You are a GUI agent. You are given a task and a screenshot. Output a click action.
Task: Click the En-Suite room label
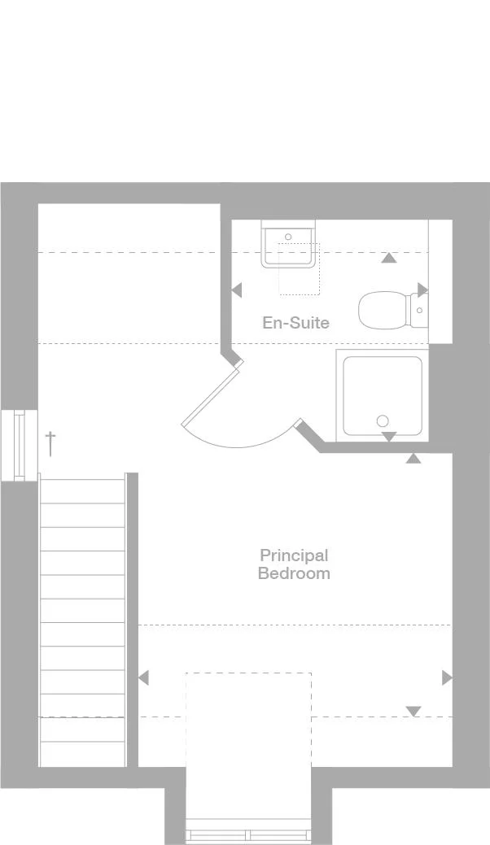[x=295, y=322]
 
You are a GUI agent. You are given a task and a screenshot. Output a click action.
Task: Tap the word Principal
[x=294, y=555]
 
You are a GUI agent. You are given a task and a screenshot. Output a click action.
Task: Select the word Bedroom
[x=294, y=573]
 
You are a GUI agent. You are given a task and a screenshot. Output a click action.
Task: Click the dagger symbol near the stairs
[x=50, y=443]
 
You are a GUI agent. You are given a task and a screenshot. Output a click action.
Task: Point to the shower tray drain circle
[x=383, y=420]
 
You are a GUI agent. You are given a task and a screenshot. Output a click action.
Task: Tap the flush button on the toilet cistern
[x=419, y=311]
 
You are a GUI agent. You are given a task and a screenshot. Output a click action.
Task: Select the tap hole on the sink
[x=288, y=237]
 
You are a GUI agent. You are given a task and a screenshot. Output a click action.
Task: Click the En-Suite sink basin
[x=288, y=248]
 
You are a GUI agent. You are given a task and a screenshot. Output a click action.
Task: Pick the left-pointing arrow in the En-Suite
[x=236, y=290]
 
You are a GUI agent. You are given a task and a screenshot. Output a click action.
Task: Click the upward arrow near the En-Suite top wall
[x=389, y=258]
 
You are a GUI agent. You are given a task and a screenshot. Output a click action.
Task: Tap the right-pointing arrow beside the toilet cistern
[x=422, y=290]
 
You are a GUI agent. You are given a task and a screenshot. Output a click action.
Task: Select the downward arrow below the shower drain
[x=388, y=437]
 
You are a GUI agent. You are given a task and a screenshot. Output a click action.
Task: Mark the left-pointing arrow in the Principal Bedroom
[x=143, y=677]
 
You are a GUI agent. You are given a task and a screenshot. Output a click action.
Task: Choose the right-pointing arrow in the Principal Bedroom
[x=448, y=677]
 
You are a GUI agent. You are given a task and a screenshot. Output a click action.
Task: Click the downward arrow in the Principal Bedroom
[x=413, y=712]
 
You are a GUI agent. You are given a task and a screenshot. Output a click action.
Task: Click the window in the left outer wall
[x=20, y=445]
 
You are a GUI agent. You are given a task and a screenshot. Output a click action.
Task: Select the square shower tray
[x=383, y=395]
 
